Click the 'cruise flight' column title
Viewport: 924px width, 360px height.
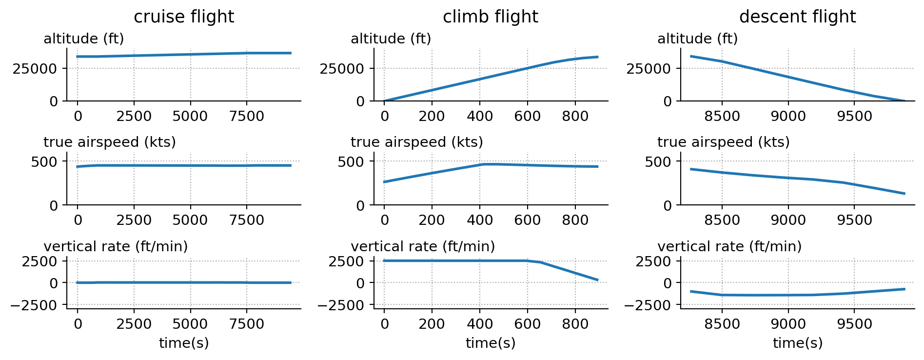click(184, 17)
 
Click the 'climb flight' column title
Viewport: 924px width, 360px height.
click(490, 17)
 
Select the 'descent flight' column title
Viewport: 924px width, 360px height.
click(797, 17)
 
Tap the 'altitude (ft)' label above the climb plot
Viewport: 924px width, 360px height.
click(391, 39)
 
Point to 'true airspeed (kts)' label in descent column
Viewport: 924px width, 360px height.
click(723, 142)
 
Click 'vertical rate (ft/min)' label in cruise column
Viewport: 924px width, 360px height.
click(116, 247)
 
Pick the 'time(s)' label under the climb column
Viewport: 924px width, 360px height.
click(490, 343)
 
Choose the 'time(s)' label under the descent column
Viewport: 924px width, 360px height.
click(797, 343)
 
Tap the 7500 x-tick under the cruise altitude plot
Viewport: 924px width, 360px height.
click(246, 117)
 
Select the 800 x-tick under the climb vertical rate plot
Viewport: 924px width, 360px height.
click(575, 324)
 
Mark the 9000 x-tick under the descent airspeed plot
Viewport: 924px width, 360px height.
click(788, 220)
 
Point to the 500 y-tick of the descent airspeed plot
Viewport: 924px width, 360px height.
click(658, 161)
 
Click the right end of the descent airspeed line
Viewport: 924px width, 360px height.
click(904, 194)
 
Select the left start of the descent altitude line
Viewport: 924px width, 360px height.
click(691, 56)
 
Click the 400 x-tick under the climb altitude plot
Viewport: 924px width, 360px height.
click(480, 117)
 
